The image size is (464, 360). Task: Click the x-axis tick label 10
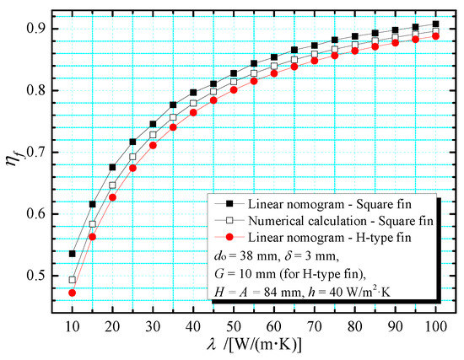coord(73,324)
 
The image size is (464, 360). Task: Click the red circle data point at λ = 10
coord(73,293)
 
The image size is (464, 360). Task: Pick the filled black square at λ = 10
coord(73,253)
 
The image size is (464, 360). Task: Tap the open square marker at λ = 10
coord(73,280)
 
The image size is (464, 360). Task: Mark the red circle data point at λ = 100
coord(434,36)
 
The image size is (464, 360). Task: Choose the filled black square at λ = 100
coord(434,24)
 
